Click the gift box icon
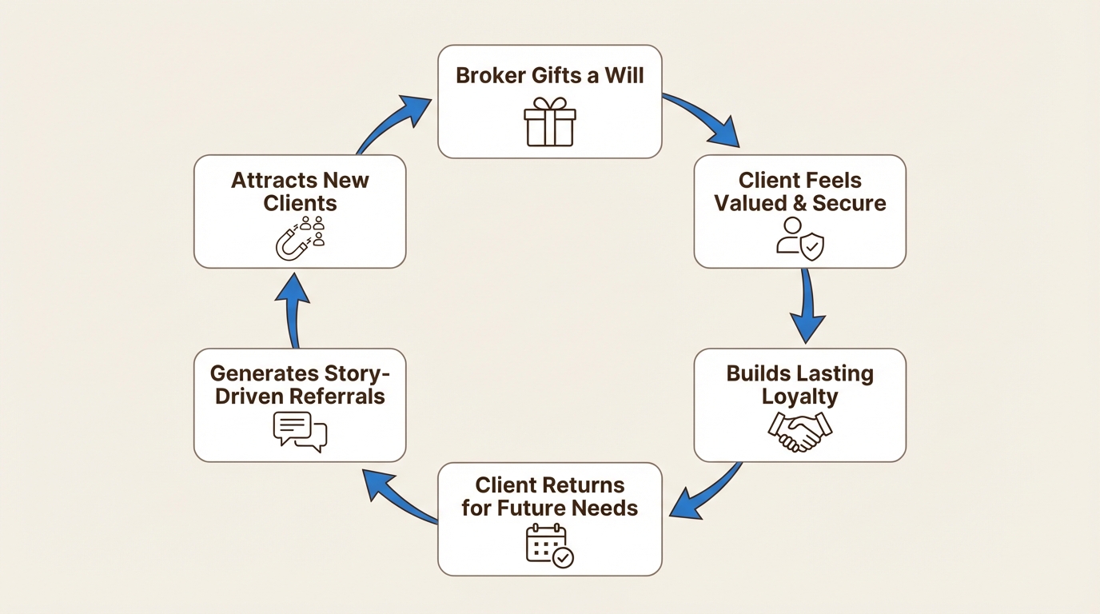pos(550,122)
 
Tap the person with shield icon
pos(800,238)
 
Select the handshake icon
pos(800,432)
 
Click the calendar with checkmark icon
pos(550,546)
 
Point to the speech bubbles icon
pos(300,432)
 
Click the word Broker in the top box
pos(490,75)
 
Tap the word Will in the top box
pos(625,75)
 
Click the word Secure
pos(849,203)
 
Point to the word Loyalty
pos(800,397)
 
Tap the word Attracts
pos(264,180)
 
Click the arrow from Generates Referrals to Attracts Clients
pos(293,309)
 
